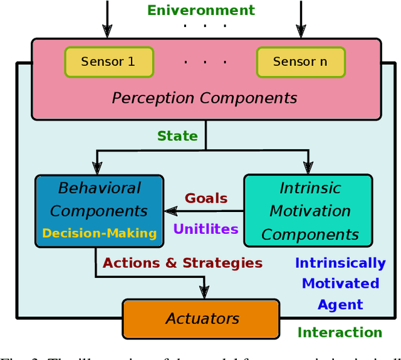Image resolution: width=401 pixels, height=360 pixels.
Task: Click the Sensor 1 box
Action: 108,61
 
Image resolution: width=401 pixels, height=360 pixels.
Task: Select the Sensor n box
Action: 299,61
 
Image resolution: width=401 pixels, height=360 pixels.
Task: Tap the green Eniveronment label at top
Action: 201,10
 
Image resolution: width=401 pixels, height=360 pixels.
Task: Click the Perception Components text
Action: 204,98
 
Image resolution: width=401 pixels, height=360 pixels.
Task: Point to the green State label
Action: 177,136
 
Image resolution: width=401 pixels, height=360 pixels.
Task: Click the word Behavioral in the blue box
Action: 100,188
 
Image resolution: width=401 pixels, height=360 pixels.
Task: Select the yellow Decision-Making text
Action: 99,233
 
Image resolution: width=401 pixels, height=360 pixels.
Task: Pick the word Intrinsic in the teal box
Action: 310,188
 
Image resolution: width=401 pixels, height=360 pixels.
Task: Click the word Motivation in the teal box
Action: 310,211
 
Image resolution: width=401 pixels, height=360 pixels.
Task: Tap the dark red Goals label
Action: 206,198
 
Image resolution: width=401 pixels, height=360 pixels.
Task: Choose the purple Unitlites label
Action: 206,229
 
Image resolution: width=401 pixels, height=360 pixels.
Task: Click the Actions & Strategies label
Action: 182,263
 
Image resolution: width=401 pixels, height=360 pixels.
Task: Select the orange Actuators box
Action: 202,319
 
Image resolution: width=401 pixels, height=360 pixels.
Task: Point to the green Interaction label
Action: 340,332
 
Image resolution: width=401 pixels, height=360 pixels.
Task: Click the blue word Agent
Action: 340,305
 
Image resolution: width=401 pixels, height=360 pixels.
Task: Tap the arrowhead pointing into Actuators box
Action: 204,292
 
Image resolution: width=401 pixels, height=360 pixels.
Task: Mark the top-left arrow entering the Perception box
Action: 107,31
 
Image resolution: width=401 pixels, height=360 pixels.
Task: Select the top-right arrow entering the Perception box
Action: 301,31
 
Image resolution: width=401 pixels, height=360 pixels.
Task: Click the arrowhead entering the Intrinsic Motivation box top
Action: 308,167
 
